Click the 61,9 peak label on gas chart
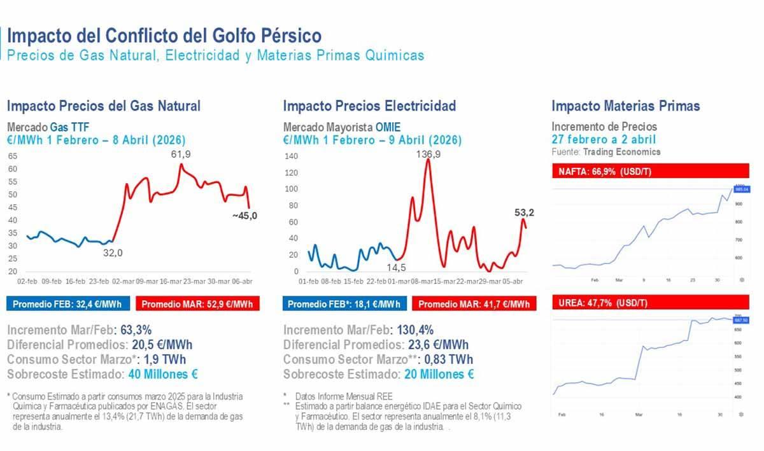[x=181, y=154]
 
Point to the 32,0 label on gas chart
[x=113, y=253]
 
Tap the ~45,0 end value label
[x=245, y=216]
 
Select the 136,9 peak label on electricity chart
[x=428, y=154]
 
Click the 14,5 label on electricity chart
[x=396, y=268]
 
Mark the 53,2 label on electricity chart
[x=525, y=212]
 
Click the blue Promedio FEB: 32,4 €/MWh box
[x=71, y=304]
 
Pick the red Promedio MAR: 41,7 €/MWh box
[x=474, y=304]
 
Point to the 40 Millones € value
[x=163, y=375]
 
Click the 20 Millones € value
[x=439, y=375]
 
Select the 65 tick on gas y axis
[x=13, y=156]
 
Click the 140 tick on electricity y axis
[x=291, y=156]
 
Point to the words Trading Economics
[x=621, y=152]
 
